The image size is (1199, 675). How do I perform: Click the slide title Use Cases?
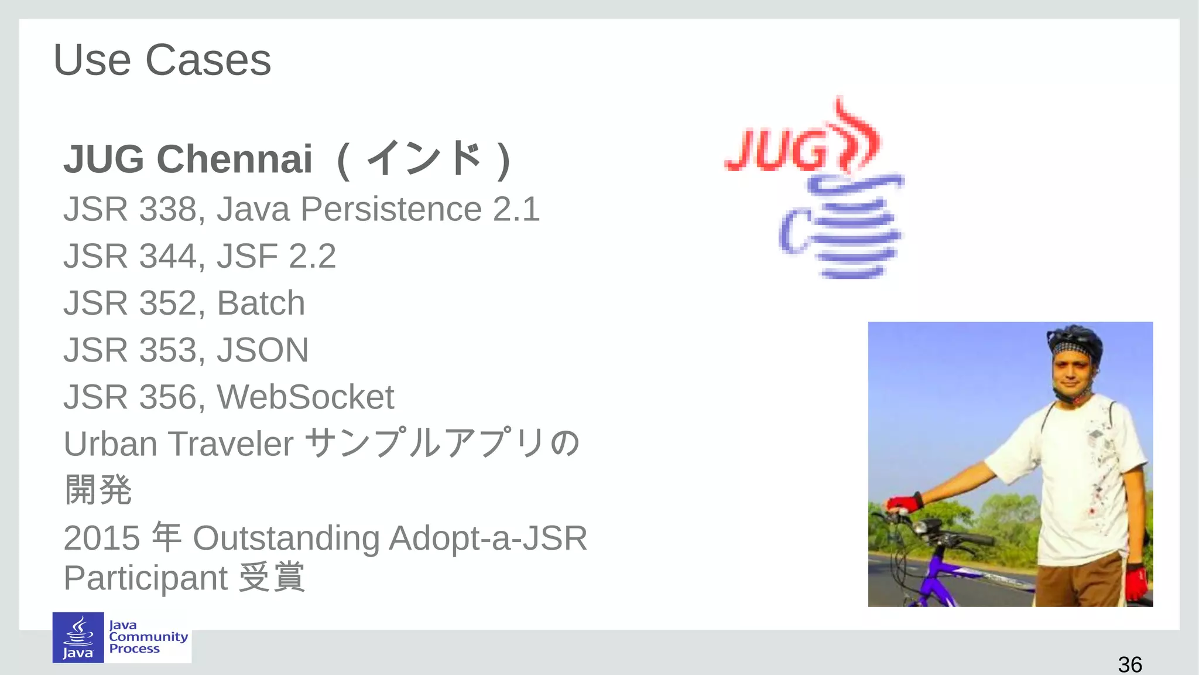pos(162,60)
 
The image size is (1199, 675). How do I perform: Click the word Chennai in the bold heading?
pos(234,159)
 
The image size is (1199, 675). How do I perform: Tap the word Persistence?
pos(391,209)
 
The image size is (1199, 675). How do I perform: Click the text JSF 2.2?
pos(276,256)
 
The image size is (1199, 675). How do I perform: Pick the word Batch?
pos(261,303)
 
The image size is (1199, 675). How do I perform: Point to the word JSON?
pos(262,350)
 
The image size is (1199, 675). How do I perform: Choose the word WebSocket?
pos(306,397)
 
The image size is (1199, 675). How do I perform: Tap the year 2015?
pos(101,538)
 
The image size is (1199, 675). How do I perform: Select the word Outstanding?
pos(286,538)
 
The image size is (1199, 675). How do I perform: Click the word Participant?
pos(145,578)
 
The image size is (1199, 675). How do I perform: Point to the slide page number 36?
pos(1129,664)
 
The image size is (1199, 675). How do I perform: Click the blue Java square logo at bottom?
pos(78,637)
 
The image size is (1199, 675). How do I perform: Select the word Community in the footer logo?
pos(148,637)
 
